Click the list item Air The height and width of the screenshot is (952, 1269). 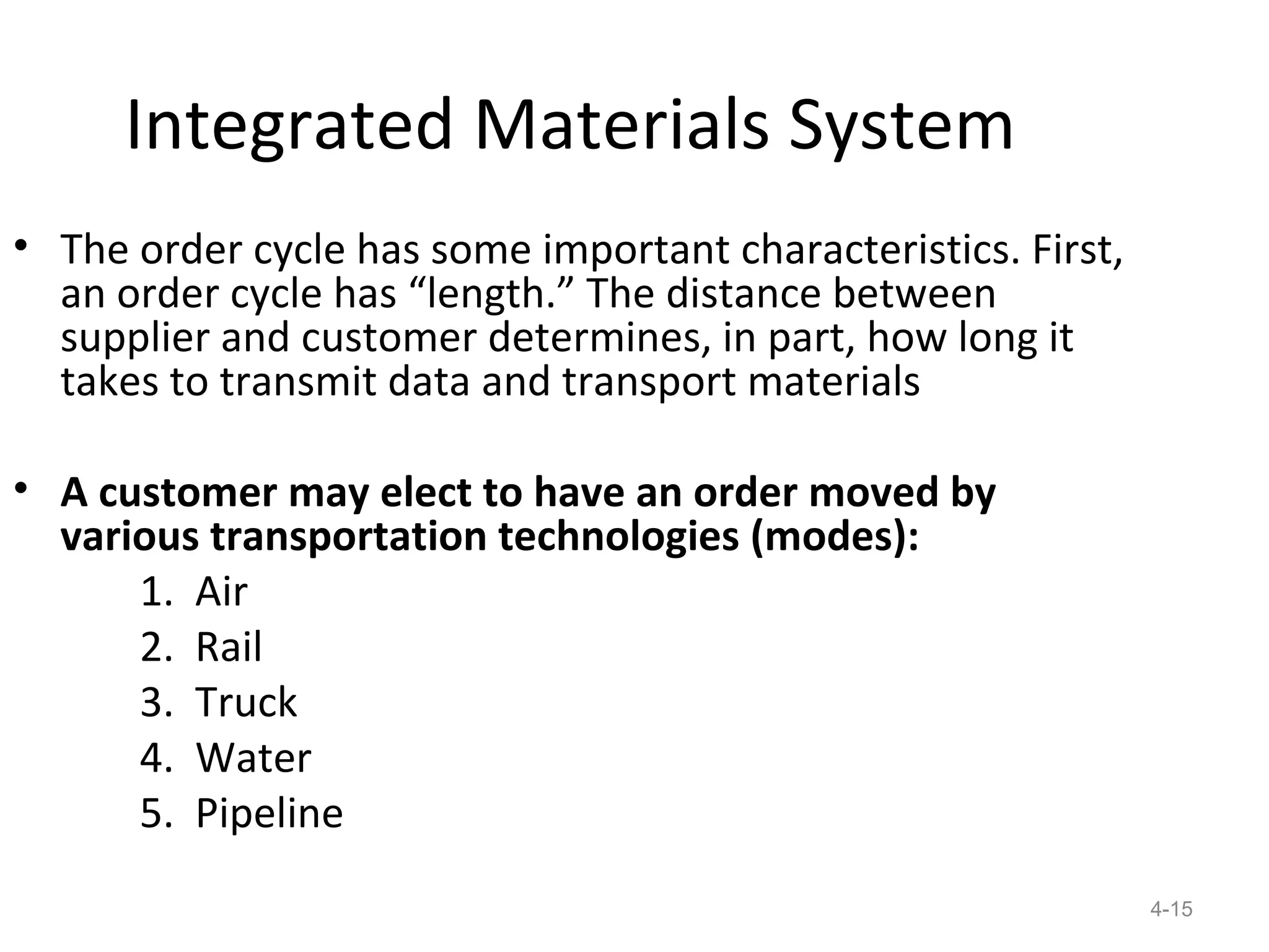point(221,592)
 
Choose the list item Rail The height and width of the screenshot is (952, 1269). point(229,647)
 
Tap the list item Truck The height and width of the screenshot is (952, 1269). point(246,703)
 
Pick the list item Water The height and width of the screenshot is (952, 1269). point(253,758)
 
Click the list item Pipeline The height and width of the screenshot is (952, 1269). point(269,814)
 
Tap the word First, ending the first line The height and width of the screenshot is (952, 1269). point(1077,250)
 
